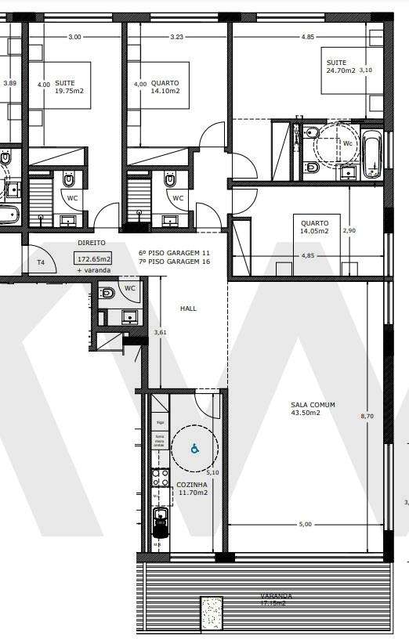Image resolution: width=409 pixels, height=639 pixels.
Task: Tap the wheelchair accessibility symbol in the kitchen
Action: [194, 449]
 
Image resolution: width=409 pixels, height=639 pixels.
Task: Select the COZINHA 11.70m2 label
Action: [192, 489]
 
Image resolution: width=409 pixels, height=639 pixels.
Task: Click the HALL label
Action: [188, 309]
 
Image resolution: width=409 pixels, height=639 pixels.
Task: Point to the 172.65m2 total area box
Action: [93, 258]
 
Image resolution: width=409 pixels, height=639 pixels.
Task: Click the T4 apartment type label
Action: [41, 262]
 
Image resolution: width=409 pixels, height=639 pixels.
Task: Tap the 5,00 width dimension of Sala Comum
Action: [305, 524]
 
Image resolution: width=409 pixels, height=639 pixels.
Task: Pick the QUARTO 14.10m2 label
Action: [165, 87]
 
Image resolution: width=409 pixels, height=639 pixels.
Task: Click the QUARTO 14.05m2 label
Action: [313, 227]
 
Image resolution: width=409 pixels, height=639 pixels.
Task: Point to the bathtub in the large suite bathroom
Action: [371, 154]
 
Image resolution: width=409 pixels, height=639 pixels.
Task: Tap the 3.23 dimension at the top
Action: [176, 37]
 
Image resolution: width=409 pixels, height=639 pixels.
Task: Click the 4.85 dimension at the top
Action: [308, 37]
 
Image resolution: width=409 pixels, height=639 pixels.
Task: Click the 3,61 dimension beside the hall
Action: [161, 333]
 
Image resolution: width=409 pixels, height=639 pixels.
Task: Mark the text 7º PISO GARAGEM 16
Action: [174, 263]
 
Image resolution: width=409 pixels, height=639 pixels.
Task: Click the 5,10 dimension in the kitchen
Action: [212, 473]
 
